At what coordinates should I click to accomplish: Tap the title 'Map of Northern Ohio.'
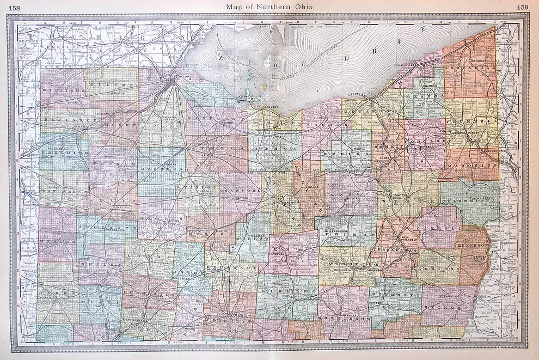pos(269,6)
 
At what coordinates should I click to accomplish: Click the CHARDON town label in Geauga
pos(431,85)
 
